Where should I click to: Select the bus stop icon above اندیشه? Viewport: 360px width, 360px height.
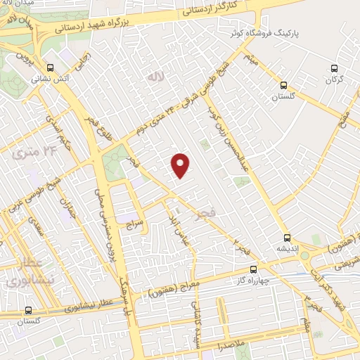click(286, 237)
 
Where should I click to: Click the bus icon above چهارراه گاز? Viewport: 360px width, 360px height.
click(254, 268)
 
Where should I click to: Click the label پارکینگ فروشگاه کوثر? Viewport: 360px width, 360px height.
click(261, 33)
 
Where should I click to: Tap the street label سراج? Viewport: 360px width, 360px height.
click(134, 225)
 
